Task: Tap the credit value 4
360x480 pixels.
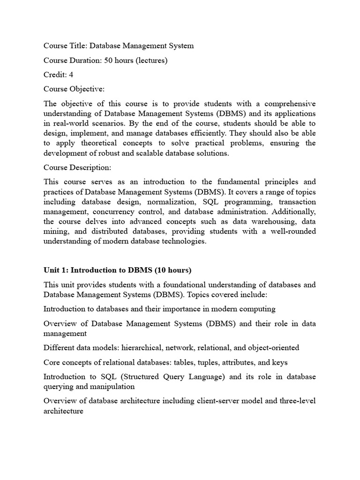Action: [x=71, y=75]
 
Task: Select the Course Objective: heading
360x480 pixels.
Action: [x=74, y=89]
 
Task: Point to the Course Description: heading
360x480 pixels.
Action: [x=78, y=167]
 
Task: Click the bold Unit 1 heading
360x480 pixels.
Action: [x=117, y=270]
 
